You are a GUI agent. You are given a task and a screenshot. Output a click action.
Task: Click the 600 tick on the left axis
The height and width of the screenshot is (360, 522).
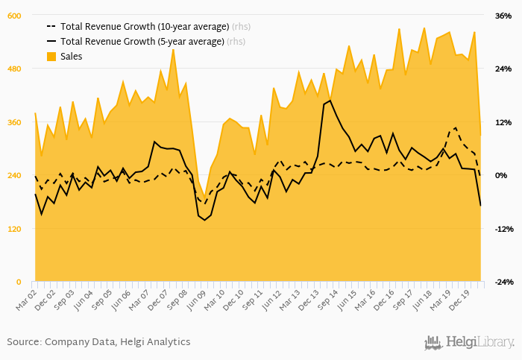pyautogui.click(x=15, y=16)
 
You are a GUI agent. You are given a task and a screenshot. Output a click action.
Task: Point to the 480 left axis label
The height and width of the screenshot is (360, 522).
pyautogui.click(x=15, y=69)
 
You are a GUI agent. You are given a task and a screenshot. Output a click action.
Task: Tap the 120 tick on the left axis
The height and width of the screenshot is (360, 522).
pyautogui.click(x=15, y=228)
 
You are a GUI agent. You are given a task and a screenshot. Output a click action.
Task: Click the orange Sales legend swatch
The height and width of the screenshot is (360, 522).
pyautogui.click(x=51, y=57)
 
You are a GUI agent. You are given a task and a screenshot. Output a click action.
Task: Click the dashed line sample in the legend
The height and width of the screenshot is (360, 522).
pyautogui.click(x=51, y=26)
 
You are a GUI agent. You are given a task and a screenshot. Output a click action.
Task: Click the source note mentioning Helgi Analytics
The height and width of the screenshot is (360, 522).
pyautogui.click(x=98, y=342)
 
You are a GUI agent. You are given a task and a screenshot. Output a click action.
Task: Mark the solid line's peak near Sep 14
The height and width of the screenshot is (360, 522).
pyautogui.click(x=330, y=101)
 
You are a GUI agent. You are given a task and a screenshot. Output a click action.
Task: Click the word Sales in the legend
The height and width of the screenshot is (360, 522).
pyautogui.click(x=72, y=57)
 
